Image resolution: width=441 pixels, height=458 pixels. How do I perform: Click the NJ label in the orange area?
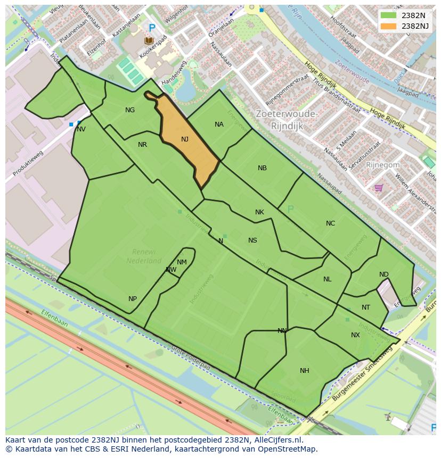point(185,139)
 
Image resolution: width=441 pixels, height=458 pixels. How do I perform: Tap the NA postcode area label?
point(219,124)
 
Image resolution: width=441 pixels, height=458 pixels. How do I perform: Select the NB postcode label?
point(262,168)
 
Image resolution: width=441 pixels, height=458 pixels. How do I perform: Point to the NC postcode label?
point(330,223)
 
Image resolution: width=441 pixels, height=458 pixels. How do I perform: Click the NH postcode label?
point(304,371)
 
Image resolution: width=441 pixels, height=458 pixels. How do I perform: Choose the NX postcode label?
point(355,335)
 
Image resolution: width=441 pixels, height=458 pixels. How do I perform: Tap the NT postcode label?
point(365,307)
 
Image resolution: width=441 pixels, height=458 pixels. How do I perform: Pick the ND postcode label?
point(383,274)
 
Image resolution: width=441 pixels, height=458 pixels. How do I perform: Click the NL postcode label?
point(327,279)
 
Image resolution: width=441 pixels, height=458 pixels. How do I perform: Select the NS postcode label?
point(252,240)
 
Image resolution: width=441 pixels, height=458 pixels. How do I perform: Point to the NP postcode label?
point(133,299)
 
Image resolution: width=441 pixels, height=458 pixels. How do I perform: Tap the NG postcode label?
point(130,110)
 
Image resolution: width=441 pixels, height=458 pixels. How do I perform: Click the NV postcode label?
point(81,129)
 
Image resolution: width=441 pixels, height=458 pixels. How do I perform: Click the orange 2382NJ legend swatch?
point(388,26)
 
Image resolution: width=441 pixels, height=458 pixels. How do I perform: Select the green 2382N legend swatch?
point(388,15)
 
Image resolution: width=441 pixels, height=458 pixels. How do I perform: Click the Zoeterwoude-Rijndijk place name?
point(287,120)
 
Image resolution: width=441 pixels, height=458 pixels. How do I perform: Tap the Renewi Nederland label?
point(144,256)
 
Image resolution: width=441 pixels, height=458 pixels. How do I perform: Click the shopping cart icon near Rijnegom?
point(379,187)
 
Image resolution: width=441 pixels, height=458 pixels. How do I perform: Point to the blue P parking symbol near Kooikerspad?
point(152,28)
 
